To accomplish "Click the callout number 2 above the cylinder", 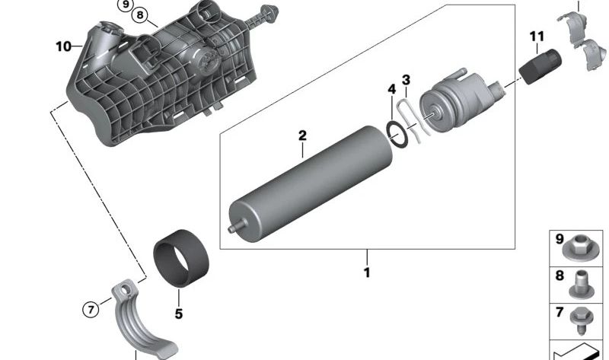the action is pyautogui.click(x=302, y=135).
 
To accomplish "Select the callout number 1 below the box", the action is pyautogui.click(x=367, y=272).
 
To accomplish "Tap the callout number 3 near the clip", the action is pyautogui.click(x=406, y=80).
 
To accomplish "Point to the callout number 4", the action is pyautogui.click(x=392, y=89).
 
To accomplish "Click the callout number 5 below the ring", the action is pyautogui.click(x=179, y=314).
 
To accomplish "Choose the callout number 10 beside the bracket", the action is pyautogui.click(x=64, y=46).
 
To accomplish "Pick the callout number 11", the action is pyautogui.click(x=537, y=37).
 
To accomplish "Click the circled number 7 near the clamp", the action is pyautogui.click(x=91, y=310).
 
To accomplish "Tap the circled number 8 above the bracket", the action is pyautogui.click(x=140, y=15).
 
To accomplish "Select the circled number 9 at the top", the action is pyautogui.click(x=125, y=5).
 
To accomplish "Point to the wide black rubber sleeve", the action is pyautogui.click(x=181, y=258).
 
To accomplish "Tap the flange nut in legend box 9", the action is pyautogui.click(x=579, y=248).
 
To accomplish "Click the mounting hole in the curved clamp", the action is pyautogui.click(x=125, y=289).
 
